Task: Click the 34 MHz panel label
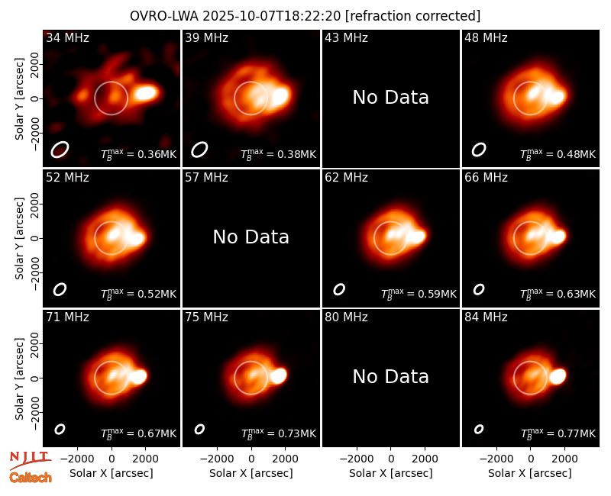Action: (67, 37)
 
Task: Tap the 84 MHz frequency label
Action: (486, 317)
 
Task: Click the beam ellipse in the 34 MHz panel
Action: (60, 150)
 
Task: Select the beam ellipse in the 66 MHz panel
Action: (479, 289)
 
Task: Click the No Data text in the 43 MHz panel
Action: (391, 98)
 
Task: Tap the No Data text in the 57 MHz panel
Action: (251, 237)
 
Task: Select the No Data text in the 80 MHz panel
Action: (391, 376)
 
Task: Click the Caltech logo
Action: (31, 478)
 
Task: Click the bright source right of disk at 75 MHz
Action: (279, 375)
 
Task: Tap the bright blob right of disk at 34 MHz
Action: (146, 93)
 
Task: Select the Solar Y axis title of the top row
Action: (19, 99)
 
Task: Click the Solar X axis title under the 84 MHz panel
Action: (530, 473)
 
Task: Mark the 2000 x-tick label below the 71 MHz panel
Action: (145, 459)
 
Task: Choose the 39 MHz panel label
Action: (206, 37)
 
